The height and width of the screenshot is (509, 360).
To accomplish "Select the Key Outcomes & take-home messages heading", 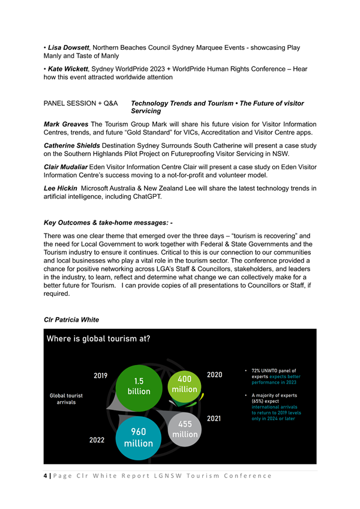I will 109,223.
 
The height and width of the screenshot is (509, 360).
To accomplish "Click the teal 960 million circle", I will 139,438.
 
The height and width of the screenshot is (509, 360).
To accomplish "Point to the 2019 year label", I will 101,376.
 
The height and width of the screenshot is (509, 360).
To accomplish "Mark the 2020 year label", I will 214,375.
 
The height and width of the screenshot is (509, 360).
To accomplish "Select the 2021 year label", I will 214,418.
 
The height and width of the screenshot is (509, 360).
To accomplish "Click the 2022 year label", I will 97,440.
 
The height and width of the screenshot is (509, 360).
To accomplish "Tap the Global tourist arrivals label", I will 66,399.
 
